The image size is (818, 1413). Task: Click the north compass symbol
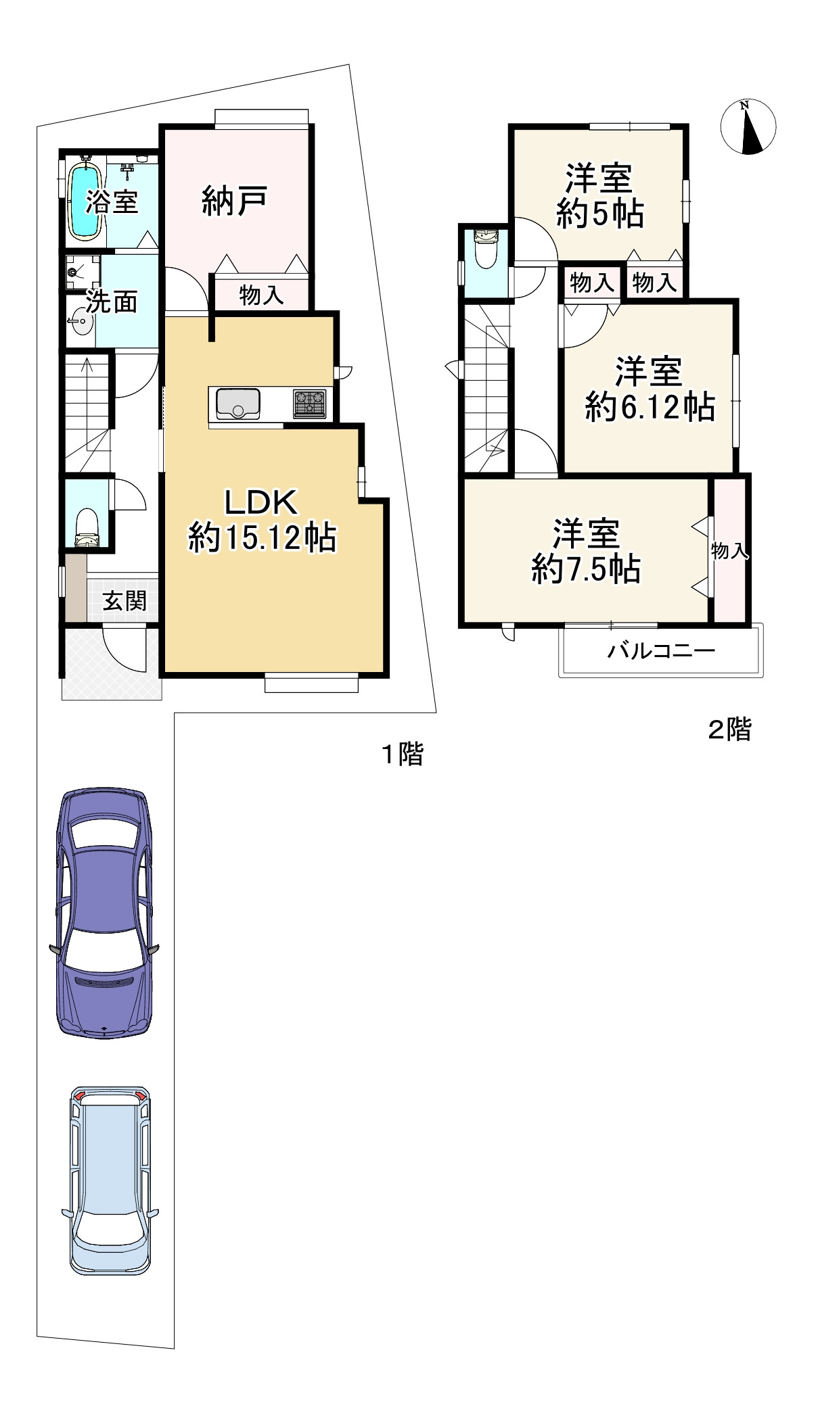[x=748, y=127]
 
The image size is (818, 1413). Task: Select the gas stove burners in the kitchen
[x=309, y=404]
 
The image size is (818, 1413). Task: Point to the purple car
[x=104, y=912]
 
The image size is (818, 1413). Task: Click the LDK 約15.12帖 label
[x=261, y=521]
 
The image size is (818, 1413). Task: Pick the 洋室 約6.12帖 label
[x=649, y=389]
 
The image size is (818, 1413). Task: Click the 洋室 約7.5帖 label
[x=586, y=551]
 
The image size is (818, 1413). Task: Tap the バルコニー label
[x=660, y=651]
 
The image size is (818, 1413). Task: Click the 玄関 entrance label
[x=124, y=600]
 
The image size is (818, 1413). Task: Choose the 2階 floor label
[x=729, y=729]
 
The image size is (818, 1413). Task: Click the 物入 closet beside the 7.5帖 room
[x=729, y=550]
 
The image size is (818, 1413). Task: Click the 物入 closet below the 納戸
[x=261, y=295]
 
